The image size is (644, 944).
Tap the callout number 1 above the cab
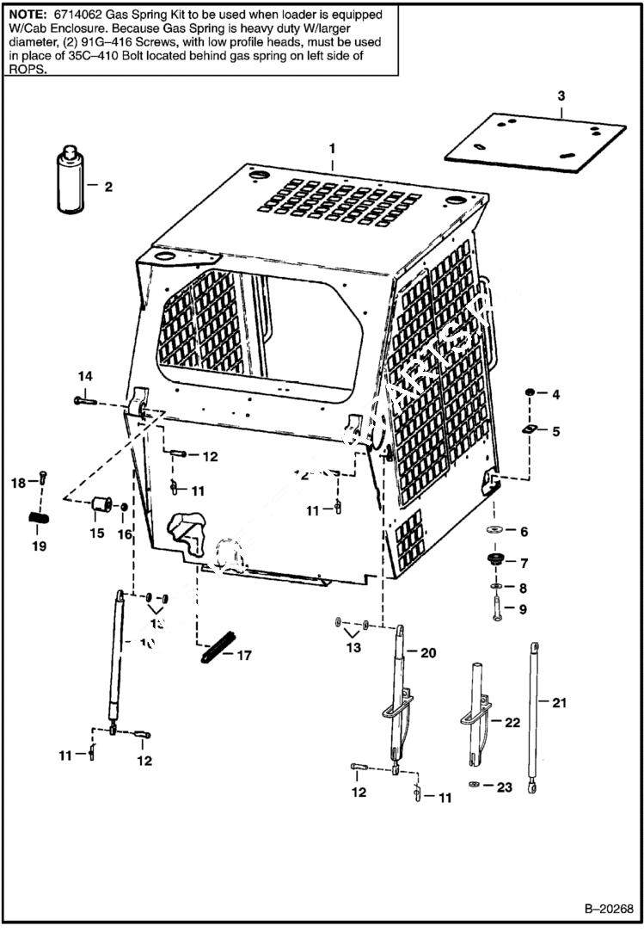click(x=332, y=149)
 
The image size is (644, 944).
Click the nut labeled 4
click(x=530, y=394)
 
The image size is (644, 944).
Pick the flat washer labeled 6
click(x=495, y=530)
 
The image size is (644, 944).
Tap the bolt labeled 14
click(x=84, y=401)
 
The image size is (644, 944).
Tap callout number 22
click(x=512, y=723)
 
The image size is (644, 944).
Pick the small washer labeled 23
click(x=474, y=785)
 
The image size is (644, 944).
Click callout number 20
click(x=428, y=652)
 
